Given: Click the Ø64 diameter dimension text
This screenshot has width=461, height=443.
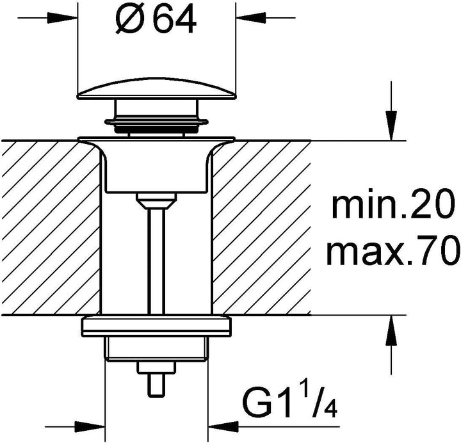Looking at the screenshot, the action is [156, 19].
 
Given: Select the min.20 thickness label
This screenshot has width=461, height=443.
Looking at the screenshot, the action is [392, 204].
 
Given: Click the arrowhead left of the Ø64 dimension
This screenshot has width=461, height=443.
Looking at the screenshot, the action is [62, 18].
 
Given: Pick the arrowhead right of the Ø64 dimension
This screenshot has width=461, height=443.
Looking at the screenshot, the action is [250, 18].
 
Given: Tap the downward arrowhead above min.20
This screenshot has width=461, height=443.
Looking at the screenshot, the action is [391, 126].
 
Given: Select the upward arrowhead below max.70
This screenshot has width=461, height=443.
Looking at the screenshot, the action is [391, 330].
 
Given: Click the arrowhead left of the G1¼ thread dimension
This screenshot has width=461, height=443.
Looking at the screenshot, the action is [90, 426].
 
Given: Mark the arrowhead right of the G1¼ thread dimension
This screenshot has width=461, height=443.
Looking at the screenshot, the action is [223, 426].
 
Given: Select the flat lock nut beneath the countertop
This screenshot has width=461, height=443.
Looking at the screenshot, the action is [156, 326].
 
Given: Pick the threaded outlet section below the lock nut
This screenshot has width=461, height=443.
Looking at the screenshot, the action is [156, 349].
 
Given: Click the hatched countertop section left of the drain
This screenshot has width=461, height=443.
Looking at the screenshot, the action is [50, 228].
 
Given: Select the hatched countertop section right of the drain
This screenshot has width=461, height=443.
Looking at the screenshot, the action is [261, 228].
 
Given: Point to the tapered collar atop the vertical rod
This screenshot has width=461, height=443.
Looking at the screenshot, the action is [156, 201].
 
